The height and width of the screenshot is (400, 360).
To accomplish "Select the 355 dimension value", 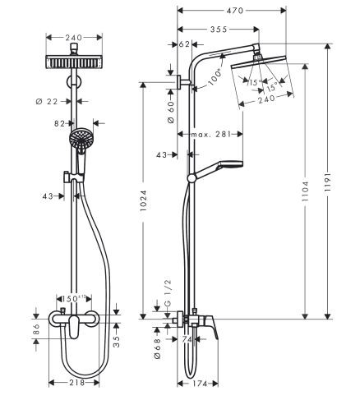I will point(219,29).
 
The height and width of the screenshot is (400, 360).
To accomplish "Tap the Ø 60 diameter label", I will point(170,110).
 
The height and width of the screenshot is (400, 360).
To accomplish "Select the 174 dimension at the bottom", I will point(197,383).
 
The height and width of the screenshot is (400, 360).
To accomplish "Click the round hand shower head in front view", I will point(81,140).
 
